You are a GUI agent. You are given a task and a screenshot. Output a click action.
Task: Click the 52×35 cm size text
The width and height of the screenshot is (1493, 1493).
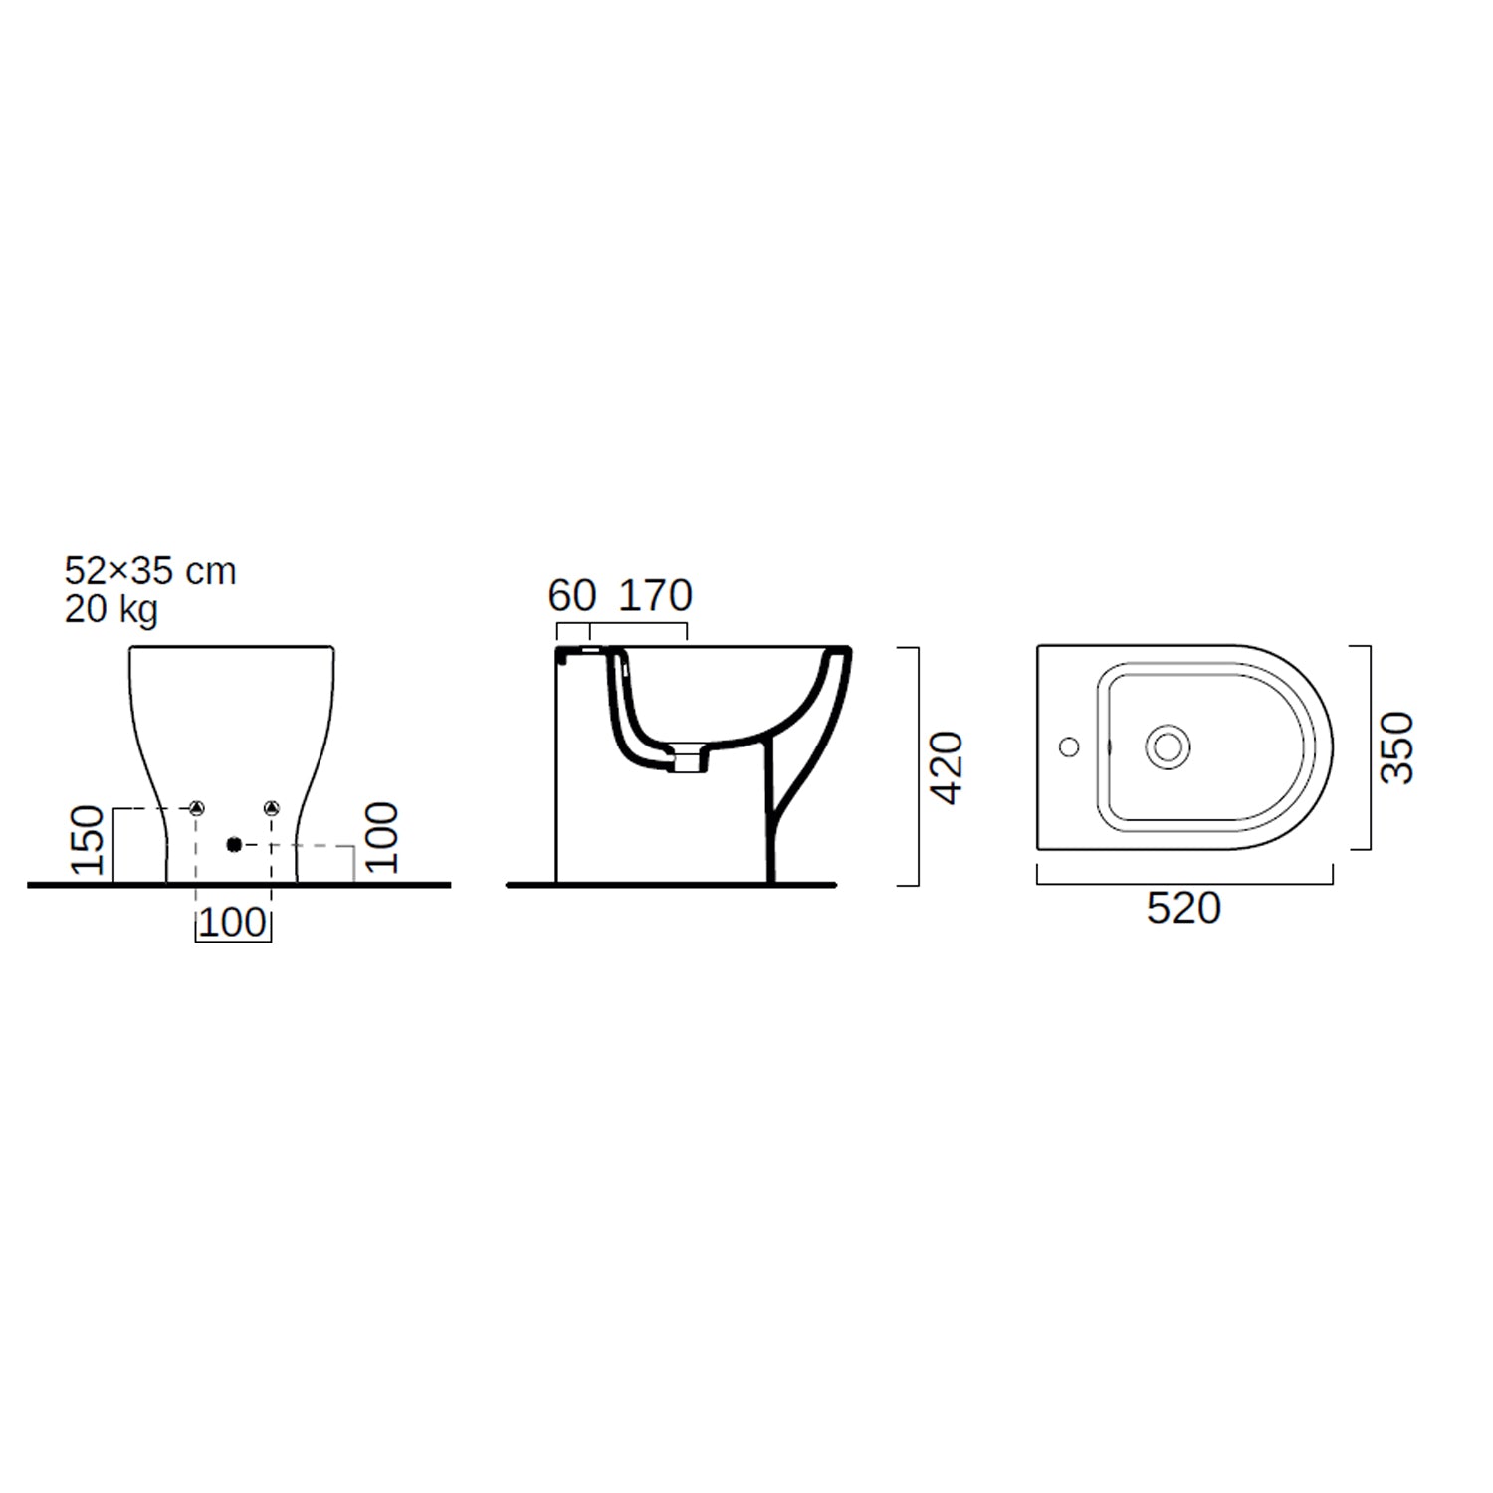point(150,571)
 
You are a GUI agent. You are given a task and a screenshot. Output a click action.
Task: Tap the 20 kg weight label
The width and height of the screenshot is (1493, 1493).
point(111,609)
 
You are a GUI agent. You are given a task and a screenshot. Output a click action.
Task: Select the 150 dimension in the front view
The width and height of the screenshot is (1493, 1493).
point(88,840)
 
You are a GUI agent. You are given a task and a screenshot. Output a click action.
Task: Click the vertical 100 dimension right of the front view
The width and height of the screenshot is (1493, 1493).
point(381,838)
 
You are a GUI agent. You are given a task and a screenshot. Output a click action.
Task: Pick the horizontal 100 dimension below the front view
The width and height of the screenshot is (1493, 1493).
point(233,922)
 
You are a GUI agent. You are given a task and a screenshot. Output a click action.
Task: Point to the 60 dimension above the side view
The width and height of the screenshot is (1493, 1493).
point(572,596)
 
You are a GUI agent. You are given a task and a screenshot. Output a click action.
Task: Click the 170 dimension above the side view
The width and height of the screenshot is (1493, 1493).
point(656,596)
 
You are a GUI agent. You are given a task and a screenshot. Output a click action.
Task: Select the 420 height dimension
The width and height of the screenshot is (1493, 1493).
point(947,767)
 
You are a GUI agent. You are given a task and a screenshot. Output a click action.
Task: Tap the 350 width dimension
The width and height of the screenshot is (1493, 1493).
point(1396,747)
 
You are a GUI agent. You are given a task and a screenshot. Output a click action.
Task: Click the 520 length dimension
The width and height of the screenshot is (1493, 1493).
point(1183,908)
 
